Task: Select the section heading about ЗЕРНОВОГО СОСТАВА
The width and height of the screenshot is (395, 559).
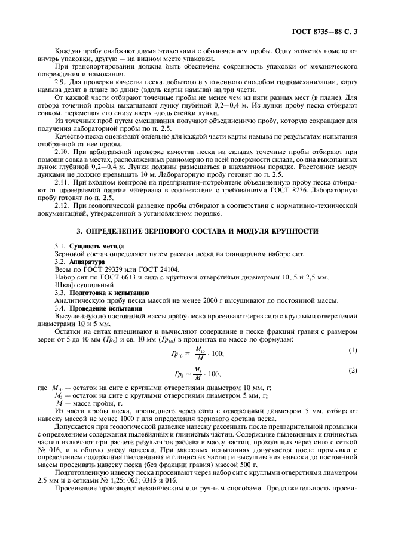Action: [197, 231]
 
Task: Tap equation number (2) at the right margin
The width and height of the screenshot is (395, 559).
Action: [353, 370]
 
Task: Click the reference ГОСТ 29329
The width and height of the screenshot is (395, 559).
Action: [98, 269]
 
